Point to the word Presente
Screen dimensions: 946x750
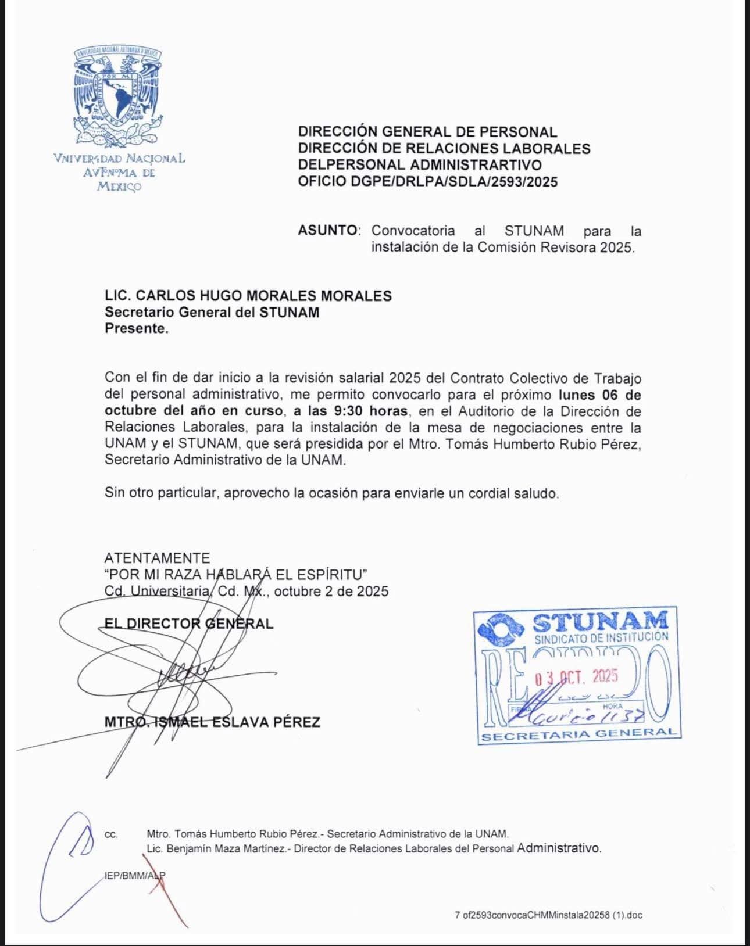136,328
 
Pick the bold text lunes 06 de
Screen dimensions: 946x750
599,395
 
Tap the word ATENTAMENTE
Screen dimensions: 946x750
157,558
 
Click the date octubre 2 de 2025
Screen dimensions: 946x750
331,592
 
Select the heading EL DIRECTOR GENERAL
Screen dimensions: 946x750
188,623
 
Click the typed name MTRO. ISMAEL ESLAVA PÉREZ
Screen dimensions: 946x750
212,722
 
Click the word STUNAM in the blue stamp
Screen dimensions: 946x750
600,622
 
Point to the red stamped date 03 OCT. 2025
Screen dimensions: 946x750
576,676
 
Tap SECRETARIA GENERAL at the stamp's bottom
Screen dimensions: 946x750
579,734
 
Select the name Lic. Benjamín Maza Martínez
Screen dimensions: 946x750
216,848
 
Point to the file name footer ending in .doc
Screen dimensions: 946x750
548,915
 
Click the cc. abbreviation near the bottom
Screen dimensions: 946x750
110,834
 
